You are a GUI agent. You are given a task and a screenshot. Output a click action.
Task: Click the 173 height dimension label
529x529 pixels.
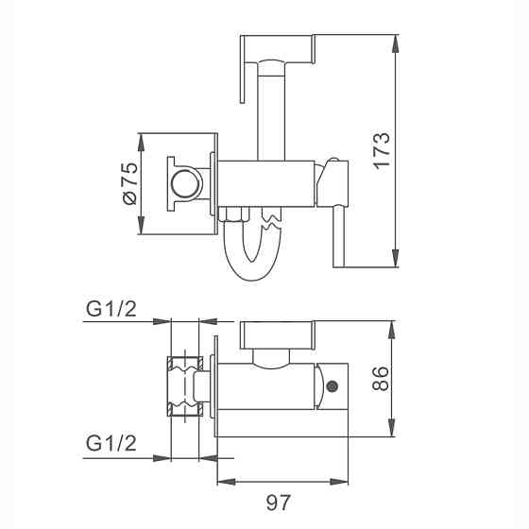[x=382, y=150]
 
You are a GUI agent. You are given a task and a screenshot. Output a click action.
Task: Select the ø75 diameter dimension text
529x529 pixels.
[x=130, y=184]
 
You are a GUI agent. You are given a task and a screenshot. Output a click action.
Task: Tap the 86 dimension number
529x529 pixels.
[x=380, y=379]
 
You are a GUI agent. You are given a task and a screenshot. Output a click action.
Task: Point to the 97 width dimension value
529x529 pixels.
[x=279, y=503]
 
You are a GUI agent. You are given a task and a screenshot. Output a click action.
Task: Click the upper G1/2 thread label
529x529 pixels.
[x=111, y=308]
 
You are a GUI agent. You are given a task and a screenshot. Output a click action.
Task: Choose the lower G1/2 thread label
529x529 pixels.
[x=111, y=443]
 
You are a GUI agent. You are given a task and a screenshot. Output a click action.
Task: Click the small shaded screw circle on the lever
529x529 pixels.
[x=333, y=386]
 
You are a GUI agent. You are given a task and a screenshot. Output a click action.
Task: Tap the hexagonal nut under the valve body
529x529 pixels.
[x=234, y=213]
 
